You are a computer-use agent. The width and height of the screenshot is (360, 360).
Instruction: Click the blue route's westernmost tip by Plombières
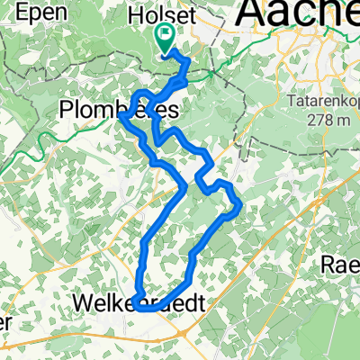tap(121, 114)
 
